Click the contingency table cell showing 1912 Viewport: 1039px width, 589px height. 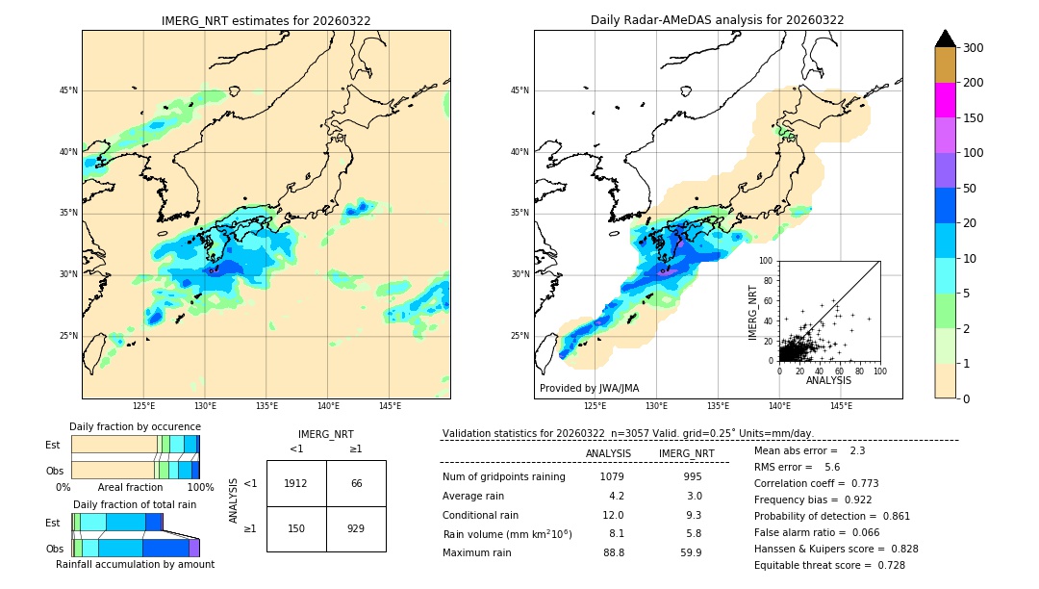pos(296,483)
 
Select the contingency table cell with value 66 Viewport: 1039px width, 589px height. pos(356,483)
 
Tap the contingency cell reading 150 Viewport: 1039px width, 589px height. pos(296,528)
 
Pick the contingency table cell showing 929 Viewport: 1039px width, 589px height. pos(356,528)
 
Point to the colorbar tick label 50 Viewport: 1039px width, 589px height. pos(973,189)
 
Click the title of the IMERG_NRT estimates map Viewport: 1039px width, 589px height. pos(266,20)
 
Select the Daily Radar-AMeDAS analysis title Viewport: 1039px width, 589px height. pos(718,20)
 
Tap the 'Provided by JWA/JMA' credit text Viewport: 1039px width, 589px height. pos(589,389)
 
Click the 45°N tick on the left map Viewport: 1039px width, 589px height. pos(67,91)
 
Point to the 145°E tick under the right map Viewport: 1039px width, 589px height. pos(841,406)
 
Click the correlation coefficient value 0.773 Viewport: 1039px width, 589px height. pos(858,483)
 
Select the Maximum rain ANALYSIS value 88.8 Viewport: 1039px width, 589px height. pos(613,552)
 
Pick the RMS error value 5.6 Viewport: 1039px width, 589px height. pos(832,467)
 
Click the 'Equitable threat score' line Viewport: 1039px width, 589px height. pos(829,565)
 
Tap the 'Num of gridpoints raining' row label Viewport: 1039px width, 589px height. pos(503,476)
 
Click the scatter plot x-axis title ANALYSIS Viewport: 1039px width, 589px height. pos(828,380)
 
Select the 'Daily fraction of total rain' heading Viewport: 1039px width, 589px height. pos(134,504)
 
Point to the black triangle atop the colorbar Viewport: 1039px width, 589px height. pos(946,38)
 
